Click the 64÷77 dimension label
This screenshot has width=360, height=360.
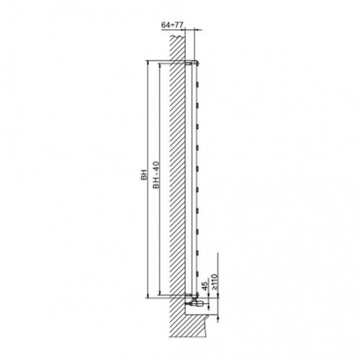(172, 25)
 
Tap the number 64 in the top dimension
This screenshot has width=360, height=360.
(165, 25)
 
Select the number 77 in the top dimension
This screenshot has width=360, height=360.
(179, 25)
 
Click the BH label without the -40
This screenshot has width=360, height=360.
(144, 174)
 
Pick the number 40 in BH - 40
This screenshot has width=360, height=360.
(156, 166)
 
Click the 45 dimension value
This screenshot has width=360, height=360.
(204, 286)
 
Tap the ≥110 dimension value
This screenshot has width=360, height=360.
(215, 282)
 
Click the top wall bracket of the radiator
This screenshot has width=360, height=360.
(189, 63)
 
